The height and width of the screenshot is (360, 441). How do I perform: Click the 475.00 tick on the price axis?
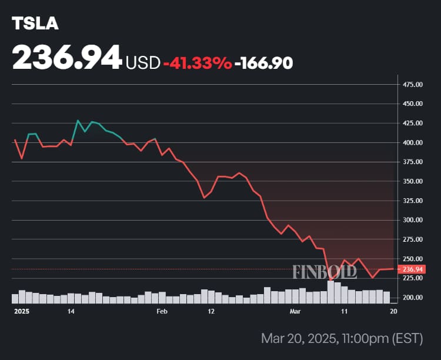tap(413, 85)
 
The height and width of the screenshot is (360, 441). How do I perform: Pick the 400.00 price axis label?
tap(413, 143)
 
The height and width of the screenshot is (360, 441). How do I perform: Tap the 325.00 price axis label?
tap(413, 201)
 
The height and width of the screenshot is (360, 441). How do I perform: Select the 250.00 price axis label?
tap(413, 259)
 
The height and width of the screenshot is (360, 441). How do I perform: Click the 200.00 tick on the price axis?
tap(413, 298)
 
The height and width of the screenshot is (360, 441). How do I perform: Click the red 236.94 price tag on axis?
tap(412, 269)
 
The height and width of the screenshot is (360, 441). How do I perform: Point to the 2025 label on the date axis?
tap(22, 311)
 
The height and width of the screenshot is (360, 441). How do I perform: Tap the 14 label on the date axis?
tap(71, 311)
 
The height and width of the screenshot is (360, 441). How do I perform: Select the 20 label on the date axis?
tap(393, 311)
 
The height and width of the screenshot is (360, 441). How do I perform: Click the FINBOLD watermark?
tap(325, 272)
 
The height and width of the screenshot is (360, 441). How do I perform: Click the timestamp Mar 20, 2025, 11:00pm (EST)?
tap(342, 339)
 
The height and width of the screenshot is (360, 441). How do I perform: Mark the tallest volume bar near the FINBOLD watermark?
tap(330, 292)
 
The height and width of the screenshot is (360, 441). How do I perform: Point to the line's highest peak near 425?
tap(78, 121)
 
